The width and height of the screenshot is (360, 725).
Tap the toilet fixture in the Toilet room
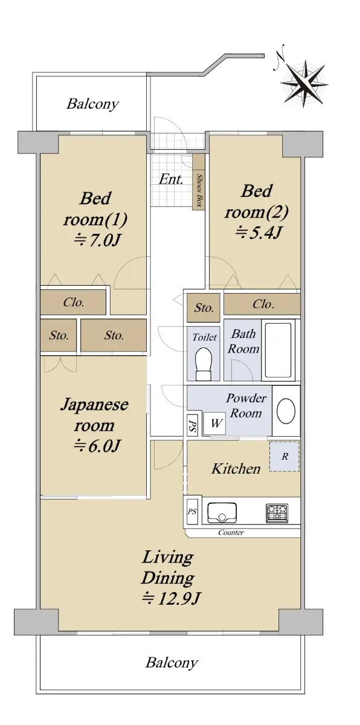pyautogui.click(x=204, y=364)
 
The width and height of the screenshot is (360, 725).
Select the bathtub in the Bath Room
pyautogui.click(x=280, y=350)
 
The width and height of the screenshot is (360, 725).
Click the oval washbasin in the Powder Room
pyautogui.click(x=286, y=411)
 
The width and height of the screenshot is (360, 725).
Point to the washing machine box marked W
pyautogui.click(x=215, y=423)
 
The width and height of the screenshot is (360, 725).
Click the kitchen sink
pyautogui.click(x=222, y=513)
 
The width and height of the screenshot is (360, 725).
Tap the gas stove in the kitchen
pyautogui.click(x=277, y=513)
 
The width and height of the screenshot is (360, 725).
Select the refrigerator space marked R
pyautogui.click(x=284, y=456)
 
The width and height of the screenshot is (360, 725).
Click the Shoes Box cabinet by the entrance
pyautogui.click(x=199, y=182)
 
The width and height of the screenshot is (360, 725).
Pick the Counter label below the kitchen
pyautogui.click(x=231, y=532)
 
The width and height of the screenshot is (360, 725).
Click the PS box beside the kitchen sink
pyautogui.click(x=192, y=512)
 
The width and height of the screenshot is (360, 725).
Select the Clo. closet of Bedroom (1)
pyautogui.click(x=73, y=302)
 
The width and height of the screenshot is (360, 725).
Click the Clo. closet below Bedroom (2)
pyautogui.click(x=262, y=304)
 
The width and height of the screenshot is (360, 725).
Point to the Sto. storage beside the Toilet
pyautogui.click(x=204, y=308)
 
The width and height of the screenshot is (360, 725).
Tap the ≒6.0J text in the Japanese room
pyautogui.click(x=97, y=446)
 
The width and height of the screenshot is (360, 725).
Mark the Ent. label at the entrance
pyautogui.click(x=171, y=179)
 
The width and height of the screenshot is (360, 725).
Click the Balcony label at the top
pyautogui.click(x=92, y=104)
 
